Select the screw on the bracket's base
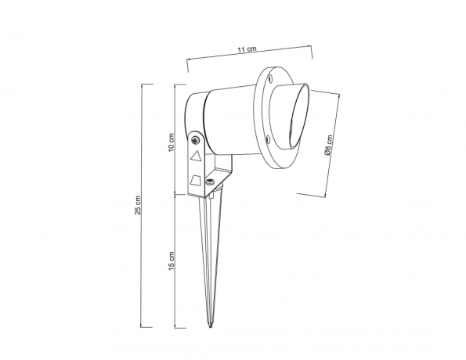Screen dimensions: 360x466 pyautogui.click(x=210, y=182)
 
